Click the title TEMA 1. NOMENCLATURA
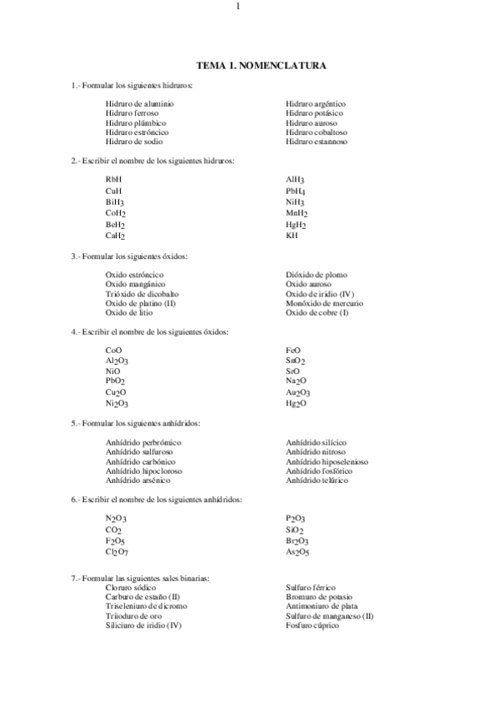pyautogui.click(x=261, y=65)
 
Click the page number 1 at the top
pyautogui.click(x=238, y=7)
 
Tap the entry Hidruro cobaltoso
pyautogui.click(x=316, y=132)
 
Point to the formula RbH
pyautogui.click(x=113, y=179)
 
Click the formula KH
pyautogui.click(x=292, y=236)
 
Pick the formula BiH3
pyautogui.click(x=115, y=201)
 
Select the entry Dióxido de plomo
pyautogui.click(x=316, y=275)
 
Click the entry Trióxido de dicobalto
pyautogui.click(x=142, y=294)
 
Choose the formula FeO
pyautogui.click(x=292, y=351)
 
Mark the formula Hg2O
pyautogui.click(x=296, y=404)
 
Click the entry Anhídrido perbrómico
pyautogui.click(x=143, y=442)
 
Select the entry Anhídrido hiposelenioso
pyautogui.click(x=327, y=461)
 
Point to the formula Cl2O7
pyautogui.click(x=117, y=551)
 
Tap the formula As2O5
pyautogui.click(x=297, y=551)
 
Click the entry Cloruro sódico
pyautogui.click(x=130, y=588)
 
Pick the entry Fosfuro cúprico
pyautogui.click(x=312, y=625)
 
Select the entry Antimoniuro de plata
pyautogui.click(x=322, y=607)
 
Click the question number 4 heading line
pyautogui.click(x=150, y=332)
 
